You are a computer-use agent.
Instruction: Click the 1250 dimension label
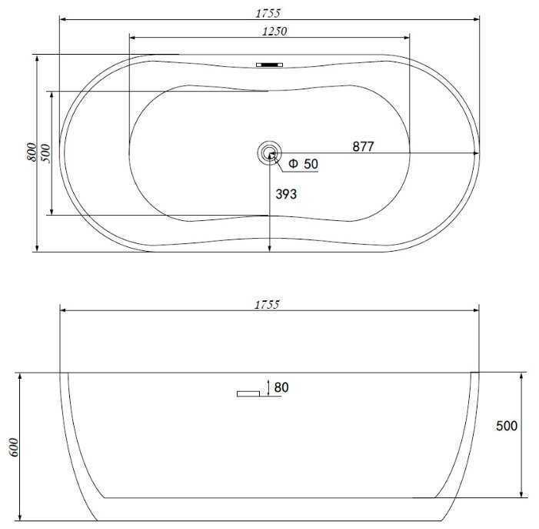[x=274, y=32]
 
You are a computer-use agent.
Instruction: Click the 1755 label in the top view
[x=268, y=13]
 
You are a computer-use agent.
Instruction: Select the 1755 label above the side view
[x=267, y=305]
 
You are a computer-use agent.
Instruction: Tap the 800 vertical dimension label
[x=32, y=152]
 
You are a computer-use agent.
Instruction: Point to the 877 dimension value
[x=363, y=146]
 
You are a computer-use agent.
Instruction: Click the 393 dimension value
[x=286, y=195]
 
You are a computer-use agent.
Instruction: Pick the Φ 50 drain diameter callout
[x=303, y=164]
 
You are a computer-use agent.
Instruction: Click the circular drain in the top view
[x=269, y=152]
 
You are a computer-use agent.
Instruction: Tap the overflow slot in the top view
[x=269, y=65]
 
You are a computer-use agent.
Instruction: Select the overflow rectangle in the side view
[x=248, y=393]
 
